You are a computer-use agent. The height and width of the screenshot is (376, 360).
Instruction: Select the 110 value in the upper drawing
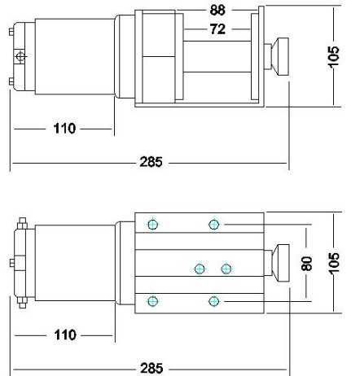pyautogui.click(x=65, y=129)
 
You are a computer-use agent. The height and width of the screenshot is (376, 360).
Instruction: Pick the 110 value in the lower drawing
pyautogui.click(x=65, y=334)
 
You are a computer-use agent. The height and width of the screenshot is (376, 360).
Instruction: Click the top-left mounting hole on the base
pyautogui.click(x=151, y=225)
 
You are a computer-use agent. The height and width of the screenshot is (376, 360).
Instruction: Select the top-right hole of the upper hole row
pyautogui.click(x=214, y=225)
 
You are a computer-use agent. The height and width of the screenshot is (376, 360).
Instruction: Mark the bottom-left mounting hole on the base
pyautogui.click(x=151, y=301)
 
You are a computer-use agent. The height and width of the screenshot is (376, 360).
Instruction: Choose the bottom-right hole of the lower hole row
pyautogui.click(x=214, y=301)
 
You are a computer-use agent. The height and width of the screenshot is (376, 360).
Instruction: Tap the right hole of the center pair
pyautogui.click(x=226, y=268)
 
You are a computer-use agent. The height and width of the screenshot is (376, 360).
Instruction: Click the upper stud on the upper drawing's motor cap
pyautogui.click(x=9, y=33)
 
